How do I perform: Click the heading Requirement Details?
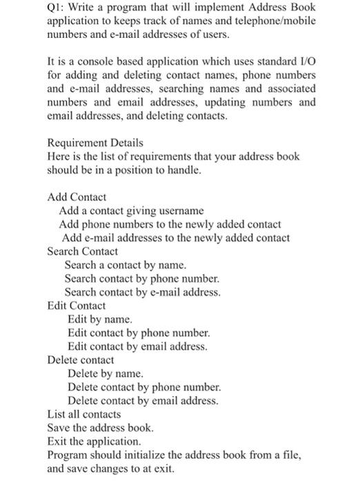(95, 143)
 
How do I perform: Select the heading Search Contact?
(82, 251)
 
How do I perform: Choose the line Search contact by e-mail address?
(143, 292)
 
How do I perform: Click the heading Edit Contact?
(77, 306)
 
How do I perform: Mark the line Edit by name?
(99, 319)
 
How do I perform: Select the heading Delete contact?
(81, 360)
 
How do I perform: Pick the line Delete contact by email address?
(143, 401)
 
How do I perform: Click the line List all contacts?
(84, 415)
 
